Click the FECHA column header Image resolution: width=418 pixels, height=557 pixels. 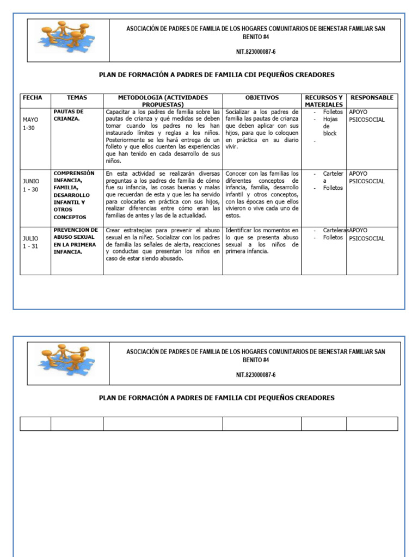click(32, 98)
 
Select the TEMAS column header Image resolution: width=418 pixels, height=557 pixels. click(77, 98)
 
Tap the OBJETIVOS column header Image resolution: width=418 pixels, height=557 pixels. click(262, 98)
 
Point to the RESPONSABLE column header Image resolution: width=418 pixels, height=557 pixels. click(372, 98)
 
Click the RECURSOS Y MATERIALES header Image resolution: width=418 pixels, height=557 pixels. click(324, 101)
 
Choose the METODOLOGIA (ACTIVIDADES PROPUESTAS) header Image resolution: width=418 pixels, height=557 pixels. click(163, 101)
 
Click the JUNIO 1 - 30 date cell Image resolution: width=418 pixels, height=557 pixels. click(31, 185)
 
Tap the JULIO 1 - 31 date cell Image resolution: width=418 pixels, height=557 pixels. click(30, 242)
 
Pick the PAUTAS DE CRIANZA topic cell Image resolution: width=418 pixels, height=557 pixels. click(69, 115)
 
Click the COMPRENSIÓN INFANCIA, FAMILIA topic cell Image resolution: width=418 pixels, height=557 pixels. click(74, 195)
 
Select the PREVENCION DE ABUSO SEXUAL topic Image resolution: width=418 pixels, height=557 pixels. click(76, 240)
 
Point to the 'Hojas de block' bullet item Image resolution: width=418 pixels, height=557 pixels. click(330, 126)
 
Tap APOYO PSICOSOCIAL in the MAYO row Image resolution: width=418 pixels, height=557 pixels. click(366, 116)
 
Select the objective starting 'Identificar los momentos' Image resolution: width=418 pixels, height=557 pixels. click(262, 240)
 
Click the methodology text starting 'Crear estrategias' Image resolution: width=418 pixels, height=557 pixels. click(163, 244)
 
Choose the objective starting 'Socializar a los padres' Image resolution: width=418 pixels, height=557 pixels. click(262, 129)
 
